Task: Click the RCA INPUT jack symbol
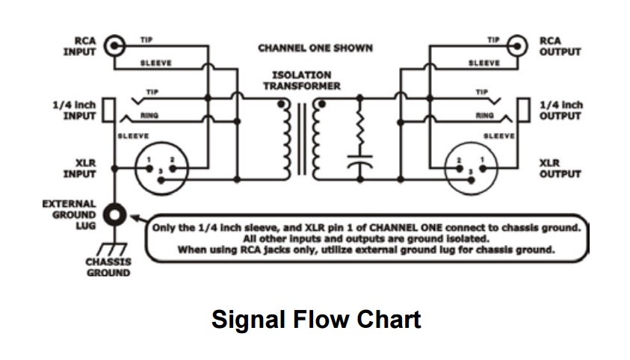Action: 114,47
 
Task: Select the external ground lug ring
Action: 114,217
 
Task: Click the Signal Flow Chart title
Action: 315,320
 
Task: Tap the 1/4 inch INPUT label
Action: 75,111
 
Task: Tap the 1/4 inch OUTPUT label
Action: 560,111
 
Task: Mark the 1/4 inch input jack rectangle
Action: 109,111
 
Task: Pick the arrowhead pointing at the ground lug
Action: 132,219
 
